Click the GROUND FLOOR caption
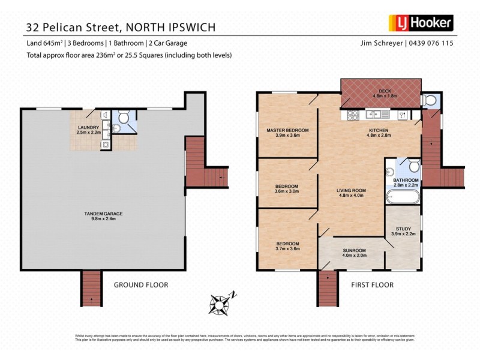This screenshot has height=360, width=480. coord(141,284)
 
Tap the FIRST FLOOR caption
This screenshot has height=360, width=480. coord(372,284)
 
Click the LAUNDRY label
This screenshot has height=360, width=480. coord(88,127)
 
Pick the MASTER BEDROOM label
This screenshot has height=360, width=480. coord(287,130)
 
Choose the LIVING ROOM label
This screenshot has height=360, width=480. coord(352,190)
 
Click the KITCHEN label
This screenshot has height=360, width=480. coord(378,130)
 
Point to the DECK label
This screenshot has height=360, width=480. coord(381,91)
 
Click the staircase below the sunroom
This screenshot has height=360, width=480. coord(328,288)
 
